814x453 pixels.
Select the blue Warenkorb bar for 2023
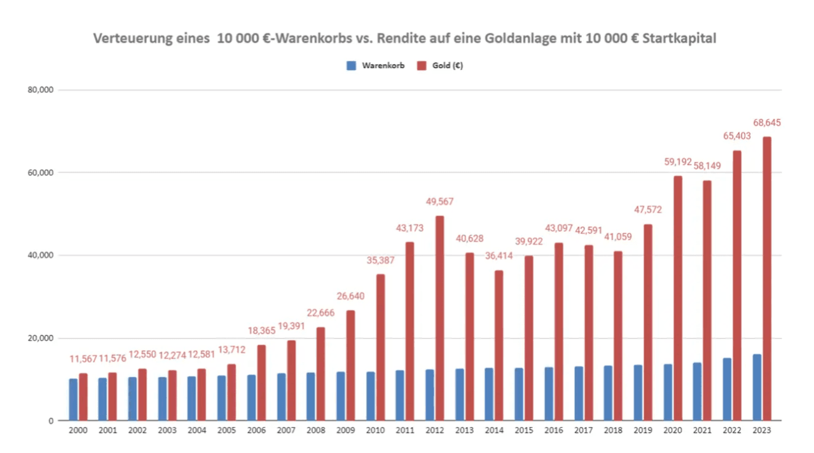(757, 388)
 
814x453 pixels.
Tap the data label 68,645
(767, 123)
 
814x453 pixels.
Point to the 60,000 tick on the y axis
(39, 173)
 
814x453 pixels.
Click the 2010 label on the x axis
(375, 431)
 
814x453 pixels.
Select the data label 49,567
(439, 202)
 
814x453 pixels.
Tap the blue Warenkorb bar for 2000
(73, 400)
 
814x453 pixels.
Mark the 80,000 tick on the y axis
(39, 90)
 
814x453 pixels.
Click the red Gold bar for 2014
(499, 346)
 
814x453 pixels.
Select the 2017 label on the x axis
(584, 431)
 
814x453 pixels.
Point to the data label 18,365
(261, 331)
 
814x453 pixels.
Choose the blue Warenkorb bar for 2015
(520, 394)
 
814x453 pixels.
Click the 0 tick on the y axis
(50, 421)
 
